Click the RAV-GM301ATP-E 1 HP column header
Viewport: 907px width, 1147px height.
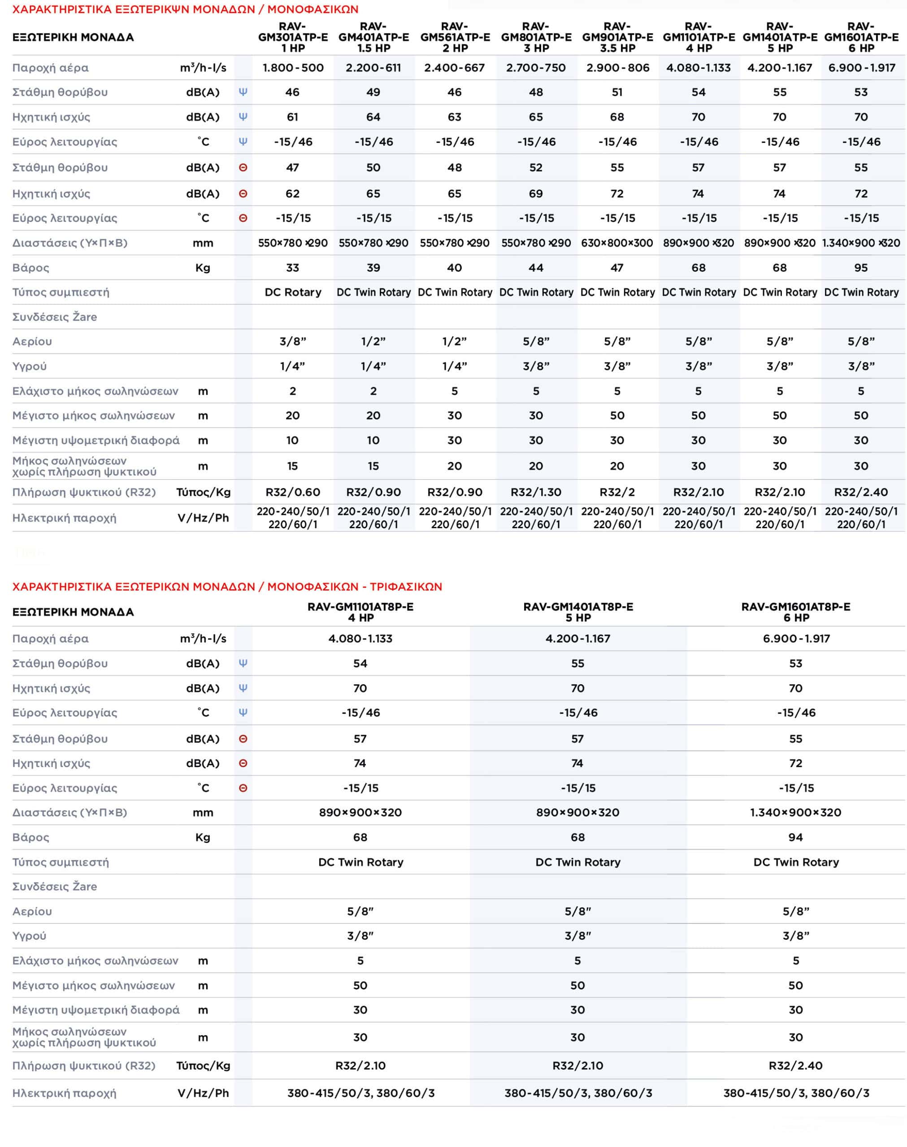tap(293, 37)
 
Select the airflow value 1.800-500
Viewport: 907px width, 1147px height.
tap(293, 68)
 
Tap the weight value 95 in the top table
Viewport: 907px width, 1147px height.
tap(861, 268)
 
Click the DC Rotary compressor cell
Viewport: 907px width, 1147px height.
tap(293, 292)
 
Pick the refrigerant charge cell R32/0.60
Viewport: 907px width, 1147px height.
tap(293, 492)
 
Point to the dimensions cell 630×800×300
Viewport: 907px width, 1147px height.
tap(616, 243)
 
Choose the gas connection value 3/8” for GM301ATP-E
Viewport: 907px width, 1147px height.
tap(293, 342)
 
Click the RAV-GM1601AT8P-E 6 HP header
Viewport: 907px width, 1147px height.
tap(795, 612)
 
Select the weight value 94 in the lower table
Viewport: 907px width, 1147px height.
tap(795, 837)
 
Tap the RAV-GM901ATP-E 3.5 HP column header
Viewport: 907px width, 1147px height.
tap(617, 37)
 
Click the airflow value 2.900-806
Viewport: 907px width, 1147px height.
tap(617, 68)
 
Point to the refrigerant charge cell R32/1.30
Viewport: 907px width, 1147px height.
tap(536, 492)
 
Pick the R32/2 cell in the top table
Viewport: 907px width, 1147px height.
tap(616, 492)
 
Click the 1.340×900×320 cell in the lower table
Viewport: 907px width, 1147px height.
tap(795, 812)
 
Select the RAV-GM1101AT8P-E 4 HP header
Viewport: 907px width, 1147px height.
tap(360, 612)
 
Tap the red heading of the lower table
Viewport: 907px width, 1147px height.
tap(227, 587)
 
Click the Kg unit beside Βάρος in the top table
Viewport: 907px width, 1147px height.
tap(203, 268)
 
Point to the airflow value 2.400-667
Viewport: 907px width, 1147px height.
tap(455, 68)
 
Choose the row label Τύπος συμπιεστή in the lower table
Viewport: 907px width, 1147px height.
tap(61, 862)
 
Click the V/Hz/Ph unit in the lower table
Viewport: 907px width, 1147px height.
tap(203, 1093)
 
